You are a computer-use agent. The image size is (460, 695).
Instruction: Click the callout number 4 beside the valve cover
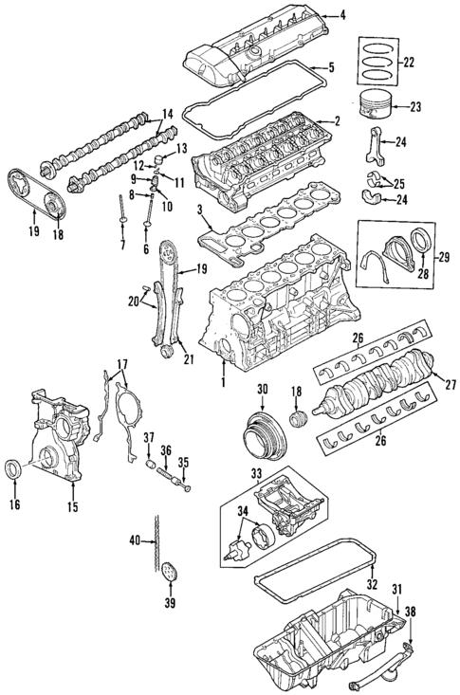(344, 14)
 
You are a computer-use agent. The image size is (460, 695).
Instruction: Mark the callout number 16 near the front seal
(15, 506)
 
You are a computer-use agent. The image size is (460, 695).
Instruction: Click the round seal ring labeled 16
(17, 466)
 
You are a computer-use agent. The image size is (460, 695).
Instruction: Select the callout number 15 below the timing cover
(73, 506)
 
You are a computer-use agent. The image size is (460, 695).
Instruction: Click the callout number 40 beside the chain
(135, 540)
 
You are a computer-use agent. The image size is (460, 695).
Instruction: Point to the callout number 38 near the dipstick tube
(410, 612)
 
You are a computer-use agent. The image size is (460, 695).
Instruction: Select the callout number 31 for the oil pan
(397, 589)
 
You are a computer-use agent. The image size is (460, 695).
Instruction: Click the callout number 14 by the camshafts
(167, 115)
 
